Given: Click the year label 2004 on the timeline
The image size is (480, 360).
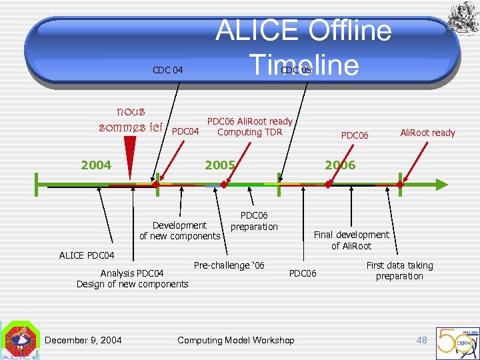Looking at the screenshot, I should pyautogui.click(x=96, y=165).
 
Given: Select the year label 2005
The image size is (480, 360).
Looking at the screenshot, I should pyautogui.click(x=220, y=165).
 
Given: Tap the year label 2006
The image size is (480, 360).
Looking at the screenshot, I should pyautogui.click(x=340, y=165).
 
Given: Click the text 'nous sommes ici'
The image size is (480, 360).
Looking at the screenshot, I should pyautogui.click(x=131, y=119).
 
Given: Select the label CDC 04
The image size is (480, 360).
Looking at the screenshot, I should pyautogui.click(x=167, y=70).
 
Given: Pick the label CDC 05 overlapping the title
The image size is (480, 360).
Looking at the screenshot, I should pyautogui.click(x=296, y=70).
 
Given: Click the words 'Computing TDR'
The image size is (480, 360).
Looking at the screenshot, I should pyautogui.click(x=249, y=132).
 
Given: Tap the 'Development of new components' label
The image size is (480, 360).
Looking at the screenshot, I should pyautogui.click(x=179, y=231).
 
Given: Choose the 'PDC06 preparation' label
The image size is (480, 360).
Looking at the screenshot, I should pyautogui.click(x=254, y=221).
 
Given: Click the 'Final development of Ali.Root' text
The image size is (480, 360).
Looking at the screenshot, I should pyautogui.click(x=351, y=240).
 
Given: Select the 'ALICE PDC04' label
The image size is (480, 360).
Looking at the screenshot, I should pyautogui.click(x=87, y=255).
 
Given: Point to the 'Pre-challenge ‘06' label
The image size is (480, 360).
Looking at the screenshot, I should pyautogui.click(x=229, y=265).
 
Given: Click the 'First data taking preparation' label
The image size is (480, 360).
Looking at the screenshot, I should pyautogui.click(x=399, y=271).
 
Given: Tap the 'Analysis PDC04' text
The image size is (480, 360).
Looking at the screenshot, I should pyautogui.click(x=132, y=273).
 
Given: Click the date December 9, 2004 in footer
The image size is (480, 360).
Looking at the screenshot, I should pyautogui.click(x=83, y=340).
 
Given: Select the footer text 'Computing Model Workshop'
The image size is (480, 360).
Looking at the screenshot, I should pyautogui.click(x=235, y=340).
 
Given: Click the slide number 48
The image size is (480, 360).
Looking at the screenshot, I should pyautogui.click(x=421, y=340).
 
